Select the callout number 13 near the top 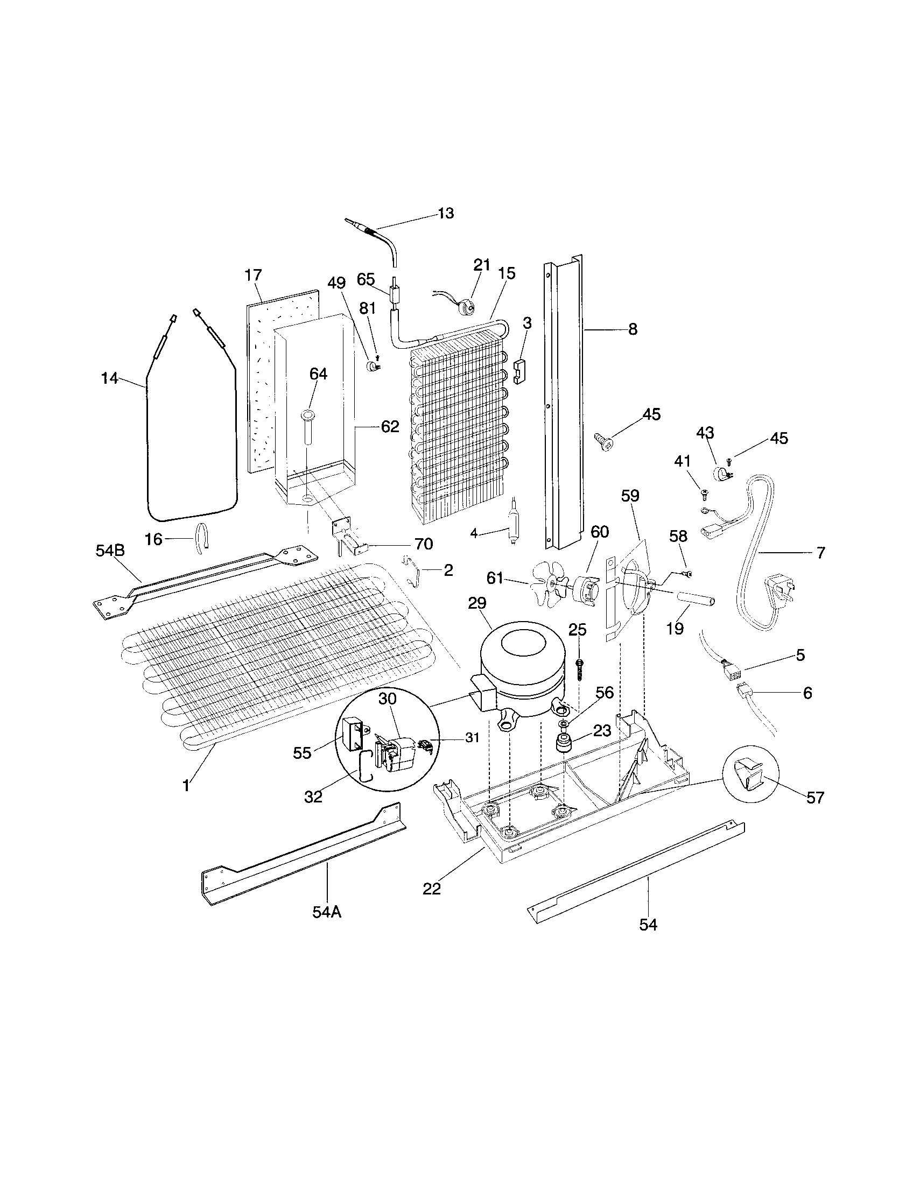445,214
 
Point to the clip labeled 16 202,538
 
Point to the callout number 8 632,329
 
